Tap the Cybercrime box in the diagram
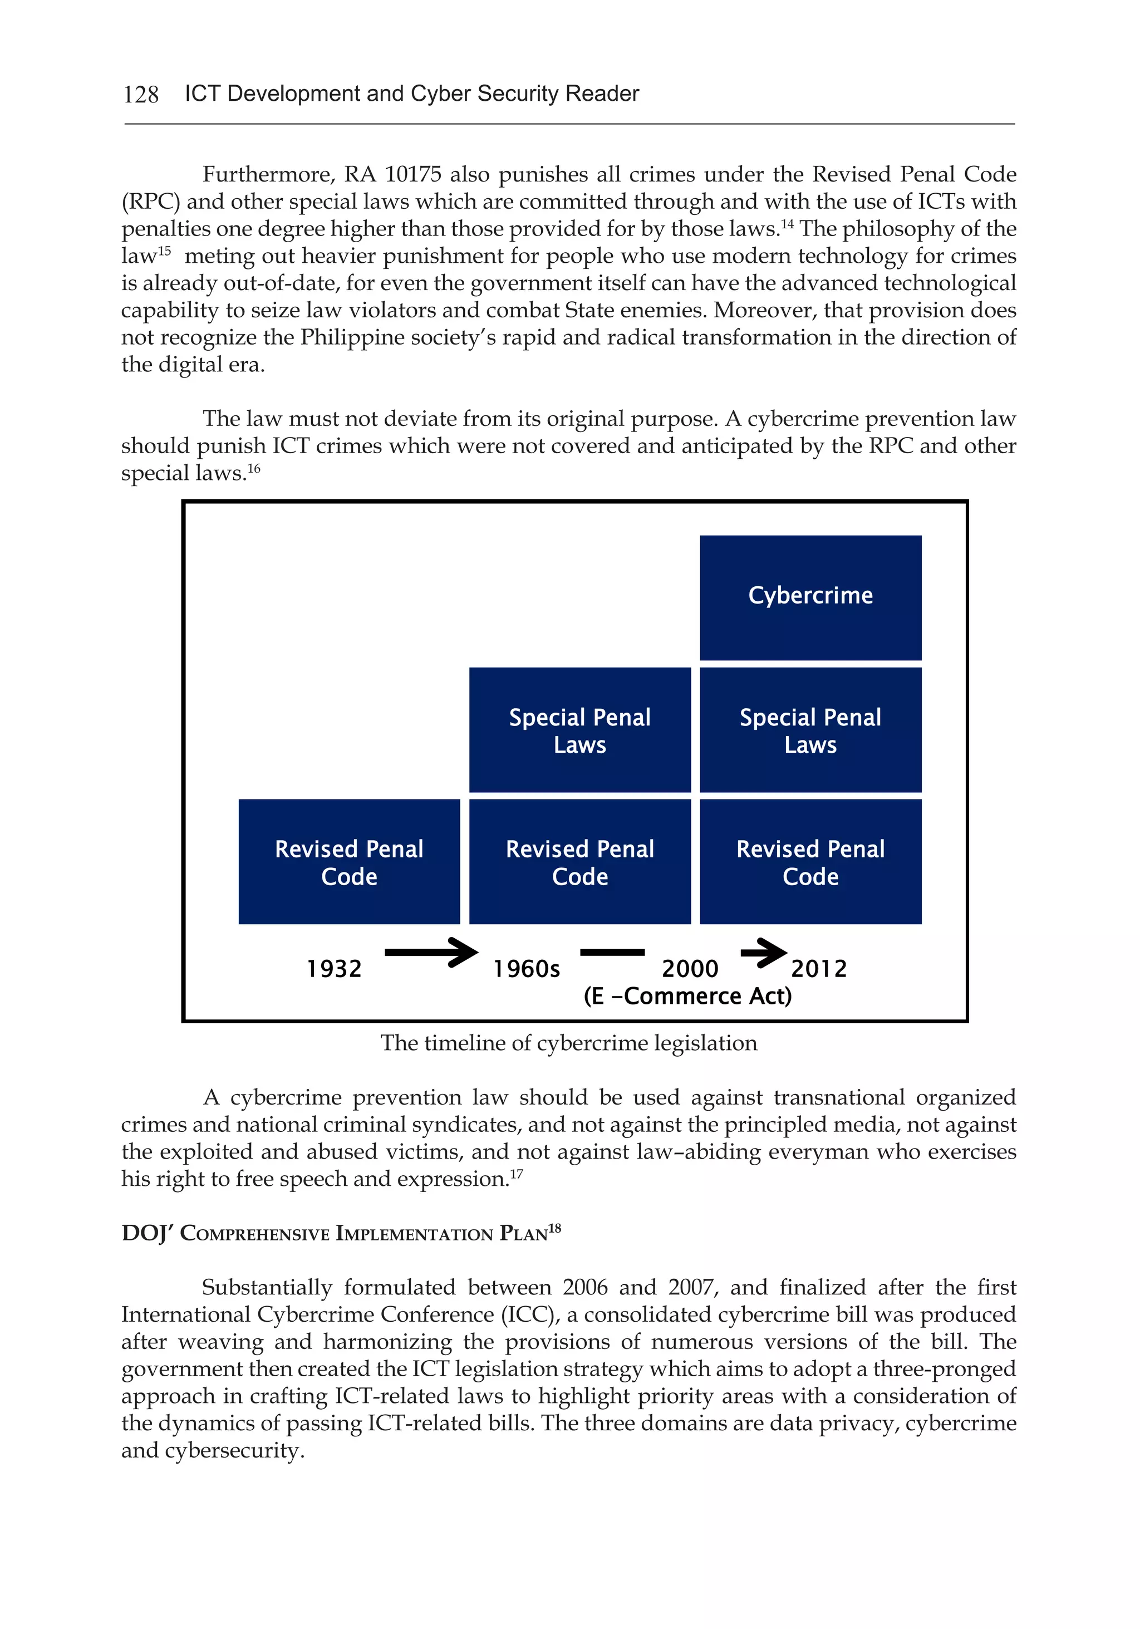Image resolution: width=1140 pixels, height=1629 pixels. [x=810, y=597]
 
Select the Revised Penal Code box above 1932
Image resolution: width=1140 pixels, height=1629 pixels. [x=349, y=861]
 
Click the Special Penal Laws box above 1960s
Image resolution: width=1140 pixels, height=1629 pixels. [x=579, y=729]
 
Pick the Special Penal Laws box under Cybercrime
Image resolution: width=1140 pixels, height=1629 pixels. [x=810, y=729]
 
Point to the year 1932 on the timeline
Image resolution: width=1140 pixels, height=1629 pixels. [x=333, y=969]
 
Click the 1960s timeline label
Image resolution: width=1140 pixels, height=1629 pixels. [x=527, y=969]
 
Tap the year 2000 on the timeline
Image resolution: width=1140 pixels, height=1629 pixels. [x=690, y=969]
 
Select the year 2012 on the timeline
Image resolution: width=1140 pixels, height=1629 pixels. [x=819, y=969]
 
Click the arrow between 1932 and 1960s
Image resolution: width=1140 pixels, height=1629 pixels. [x=431, y=952]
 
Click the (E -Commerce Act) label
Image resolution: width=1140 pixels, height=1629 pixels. [x=687, y=996]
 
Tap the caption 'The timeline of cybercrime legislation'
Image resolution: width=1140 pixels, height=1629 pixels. [x=569, y=1043]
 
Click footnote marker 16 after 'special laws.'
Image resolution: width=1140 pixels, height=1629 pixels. [x=254, y=468]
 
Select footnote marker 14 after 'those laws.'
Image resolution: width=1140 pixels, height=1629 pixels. [x=787, y=224]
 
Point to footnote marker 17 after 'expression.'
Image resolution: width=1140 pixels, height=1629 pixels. [x=517, y=1174]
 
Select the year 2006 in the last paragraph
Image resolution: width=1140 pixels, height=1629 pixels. [x=584, y=1287]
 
